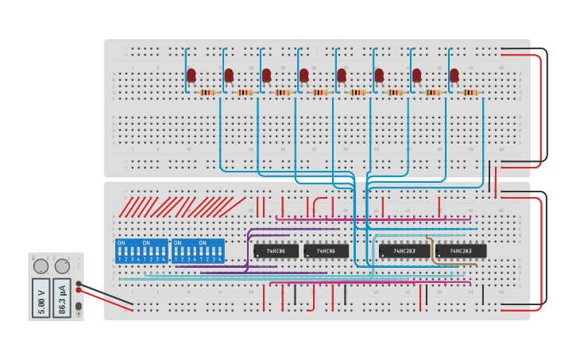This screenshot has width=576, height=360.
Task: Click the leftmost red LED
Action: [x=191, y=75]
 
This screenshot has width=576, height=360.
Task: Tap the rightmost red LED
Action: [x=454, y=75]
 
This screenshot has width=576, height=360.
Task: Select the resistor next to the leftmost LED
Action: [x=207, y=92]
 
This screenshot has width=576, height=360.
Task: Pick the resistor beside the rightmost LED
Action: [x=470, y=92]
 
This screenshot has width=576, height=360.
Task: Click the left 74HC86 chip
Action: [x=276, y=251]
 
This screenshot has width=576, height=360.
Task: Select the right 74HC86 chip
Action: [x=326, y=251]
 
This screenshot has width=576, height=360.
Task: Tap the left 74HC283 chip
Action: [x=404, y=251]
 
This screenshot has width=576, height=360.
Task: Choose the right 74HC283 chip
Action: [x=461, y=251]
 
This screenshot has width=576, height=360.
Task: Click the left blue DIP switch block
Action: [x=141, y=250]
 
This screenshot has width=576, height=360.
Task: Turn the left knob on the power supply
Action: [x=41, y=266]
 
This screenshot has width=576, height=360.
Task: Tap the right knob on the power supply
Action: [x=62, y=266]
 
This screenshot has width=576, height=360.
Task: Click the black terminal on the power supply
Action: [x=79, y=284]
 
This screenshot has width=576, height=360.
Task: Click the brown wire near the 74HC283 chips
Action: [x=429, y=246]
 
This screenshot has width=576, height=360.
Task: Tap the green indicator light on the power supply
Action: [x=33, y=257]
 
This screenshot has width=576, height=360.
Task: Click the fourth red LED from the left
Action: [x=304, y=75]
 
